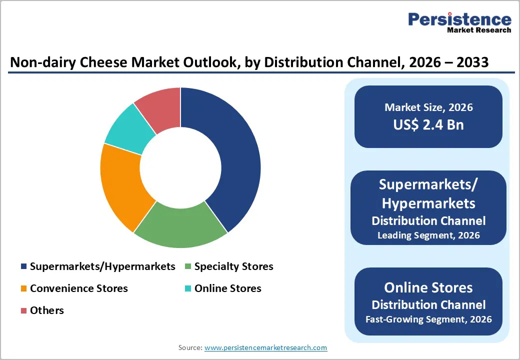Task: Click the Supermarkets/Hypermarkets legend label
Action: (x=102, y=266)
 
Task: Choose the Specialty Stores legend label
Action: (x=233, y=266)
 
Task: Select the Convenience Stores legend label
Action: (x=78, y=288)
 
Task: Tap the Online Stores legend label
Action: (x=227, y=288)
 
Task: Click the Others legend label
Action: (x=47, y=310)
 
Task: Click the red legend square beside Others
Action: (x=23, y=311)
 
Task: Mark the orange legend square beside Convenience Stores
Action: (x=23, y=289)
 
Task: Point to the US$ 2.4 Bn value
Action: (x=428, y=124)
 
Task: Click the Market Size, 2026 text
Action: (x=428, y=107)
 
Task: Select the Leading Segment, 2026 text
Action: (x=428, y=235)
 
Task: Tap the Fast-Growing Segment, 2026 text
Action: (x=428, y=319)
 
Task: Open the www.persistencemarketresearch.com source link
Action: (x=265, y=347)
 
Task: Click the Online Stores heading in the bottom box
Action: (x=428, y=287)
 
